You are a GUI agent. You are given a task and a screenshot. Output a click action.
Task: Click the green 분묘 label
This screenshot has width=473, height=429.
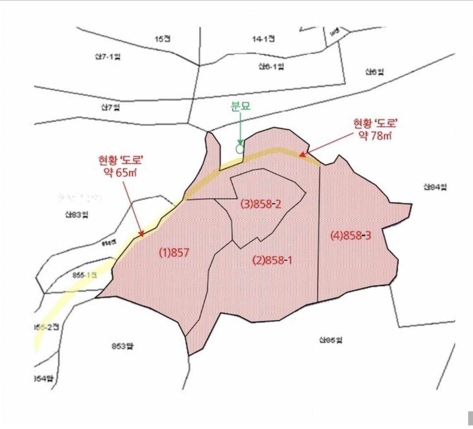[240, 106]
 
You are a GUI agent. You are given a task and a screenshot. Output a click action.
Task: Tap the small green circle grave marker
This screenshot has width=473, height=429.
[239, 148]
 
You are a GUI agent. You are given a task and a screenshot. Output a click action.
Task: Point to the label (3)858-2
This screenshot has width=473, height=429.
[261, 204]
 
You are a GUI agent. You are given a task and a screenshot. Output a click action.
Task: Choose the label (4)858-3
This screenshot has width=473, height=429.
[351, 236]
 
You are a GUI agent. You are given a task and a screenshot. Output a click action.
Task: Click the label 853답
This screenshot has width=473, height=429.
[121, 346]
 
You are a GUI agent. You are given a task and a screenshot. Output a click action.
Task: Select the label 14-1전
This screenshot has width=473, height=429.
[263, 39]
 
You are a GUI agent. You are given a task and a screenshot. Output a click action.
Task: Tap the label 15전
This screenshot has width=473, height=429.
[162, 39]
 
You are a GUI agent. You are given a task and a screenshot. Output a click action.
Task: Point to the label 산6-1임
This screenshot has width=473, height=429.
[271, 67]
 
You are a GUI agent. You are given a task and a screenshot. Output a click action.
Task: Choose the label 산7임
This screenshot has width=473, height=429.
[110, 107]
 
